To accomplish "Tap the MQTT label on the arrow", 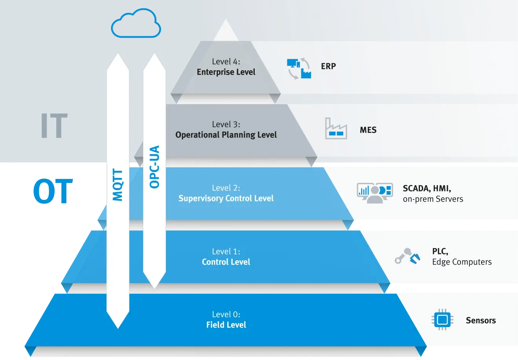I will [118, 185].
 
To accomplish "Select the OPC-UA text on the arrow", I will [155, 167].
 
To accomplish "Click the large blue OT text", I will [53, 191].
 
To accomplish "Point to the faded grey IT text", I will [54, 126].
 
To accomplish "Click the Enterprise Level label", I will [226, 72].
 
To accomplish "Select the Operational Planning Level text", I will [226, 135].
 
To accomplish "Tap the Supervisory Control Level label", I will [226, 199].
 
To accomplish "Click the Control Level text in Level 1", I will [226, 262].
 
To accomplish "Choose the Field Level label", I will [226, 325].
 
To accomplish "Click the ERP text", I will [328, 66].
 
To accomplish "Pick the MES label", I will [368, 130].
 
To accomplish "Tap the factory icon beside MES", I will [336, 129].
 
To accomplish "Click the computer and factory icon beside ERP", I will [299, 69].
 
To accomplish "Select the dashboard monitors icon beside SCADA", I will [374, 193].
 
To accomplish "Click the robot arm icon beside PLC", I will [407, 256].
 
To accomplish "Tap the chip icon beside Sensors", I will [442, 320].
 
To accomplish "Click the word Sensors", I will [481, 321].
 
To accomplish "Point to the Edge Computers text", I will [462, 262].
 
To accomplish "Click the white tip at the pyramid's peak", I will [226, 31].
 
